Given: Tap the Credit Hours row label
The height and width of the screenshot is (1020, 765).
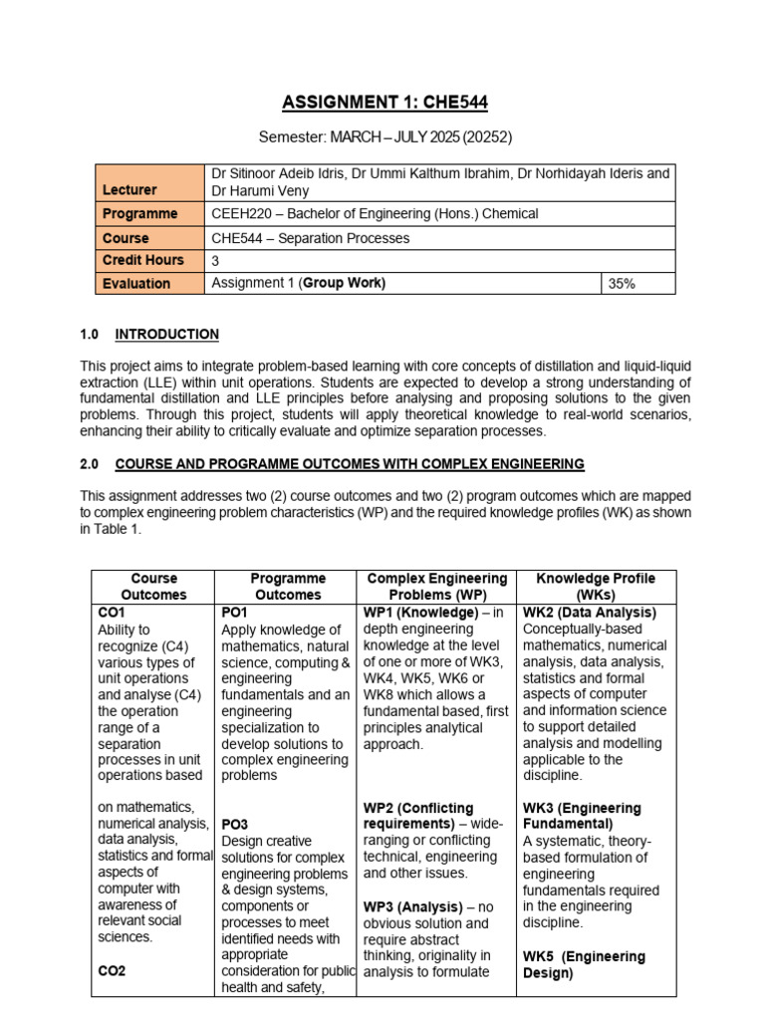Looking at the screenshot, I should (x=142, y=260).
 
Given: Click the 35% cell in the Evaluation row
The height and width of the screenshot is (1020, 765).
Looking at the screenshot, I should (x=622, y=284).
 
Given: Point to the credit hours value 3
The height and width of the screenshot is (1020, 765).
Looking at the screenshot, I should (x=216, y=260).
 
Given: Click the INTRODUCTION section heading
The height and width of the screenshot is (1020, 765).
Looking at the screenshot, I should (x=167, y=335).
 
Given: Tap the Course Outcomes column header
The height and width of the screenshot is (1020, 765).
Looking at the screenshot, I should (x=153, y=586).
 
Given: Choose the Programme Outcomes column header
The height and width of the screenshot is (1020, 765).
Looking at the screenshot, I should (x=287, y=586).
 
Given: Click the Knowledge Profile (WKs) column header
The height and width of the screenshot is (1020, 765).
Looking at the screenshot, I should (x=595, y=586).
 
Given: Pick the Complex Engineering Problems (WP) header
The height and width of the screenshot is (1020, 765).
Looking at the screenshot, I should (x=437, y=586).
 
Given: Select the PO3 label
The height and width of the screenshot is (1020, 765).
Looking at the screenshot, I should (x=234, y=825).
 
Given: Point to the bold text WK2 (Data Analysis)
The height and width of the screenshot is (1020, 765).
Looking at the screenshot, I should (x=590, y=613).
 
